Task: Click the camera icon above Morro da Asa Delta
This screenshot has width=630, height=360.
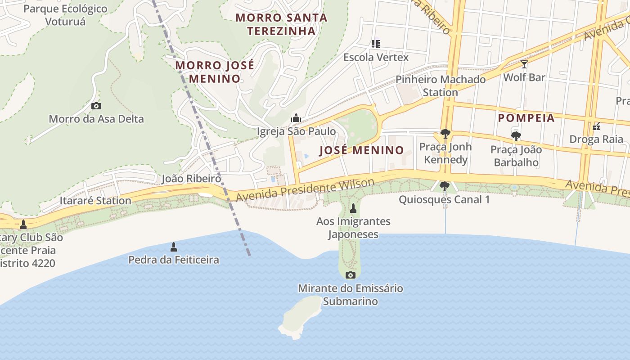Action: pyautogui.click(x=96, y=106)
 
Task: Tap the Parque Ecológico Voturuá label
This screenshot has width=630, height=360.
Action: pyautogui.click(x=66, y=15)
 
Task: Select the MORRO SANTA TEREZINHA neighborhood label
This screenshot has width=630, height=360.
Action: pyautogui.click(x=282, y=24)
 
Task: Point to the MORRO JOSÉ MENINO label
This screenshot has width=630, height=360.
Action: pyautogui.click(x=215, y=72)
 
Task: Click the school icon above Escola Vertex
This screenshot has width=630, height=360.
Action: pyautogui.click(x=376, y=44)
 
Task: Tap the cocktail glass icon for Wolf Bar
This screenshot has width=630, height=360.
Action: pyautogui.click(x=524, y=64)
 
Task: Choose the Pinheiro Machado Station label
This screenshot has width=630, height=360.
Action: pyautogui.click(x=440, y=86)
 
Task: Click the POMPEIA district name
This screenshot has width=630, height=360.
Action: pyautogui.click(x=526, y=118)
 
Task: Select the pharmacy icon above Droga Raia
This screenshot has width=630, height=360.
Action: pyautogui.click(x=596, y=126)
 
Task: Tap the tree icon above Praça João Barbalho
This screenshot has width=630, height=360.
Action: pyautogui.click(x=516, y=136)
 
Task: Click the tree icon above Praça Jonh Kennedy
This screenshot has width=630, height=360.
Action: pyautogui.click(x=445, y=133)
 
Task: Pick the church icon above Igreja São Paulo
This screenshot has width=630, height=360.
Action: pyautogui.click(x=296, y=118)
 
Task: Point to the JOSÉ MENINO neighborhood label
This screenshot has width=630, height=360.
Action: pyautogui.click(x=361, y=150)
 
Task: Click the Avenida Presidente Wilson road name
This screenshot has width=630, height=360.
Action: pyautogui.click(x=305, y=190)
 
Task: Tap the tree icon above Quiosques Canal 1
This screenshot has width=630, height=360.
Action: pyautogui.click(x=444, y=186)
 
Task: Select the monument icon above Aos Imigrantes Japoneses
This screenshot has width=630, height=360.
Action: pyautogui.click(x=353, y=208)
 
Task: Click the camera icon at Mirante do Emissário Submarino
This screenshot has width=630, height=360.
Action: pyautogui.click(x=350, y=275)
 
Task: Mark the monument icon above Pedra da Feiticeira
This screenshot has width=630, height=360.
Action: pyautogui.click(x=174, y=247)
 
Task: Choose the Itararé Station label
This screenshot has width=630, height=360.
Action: pyautogui.click(x=95, y=200)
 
